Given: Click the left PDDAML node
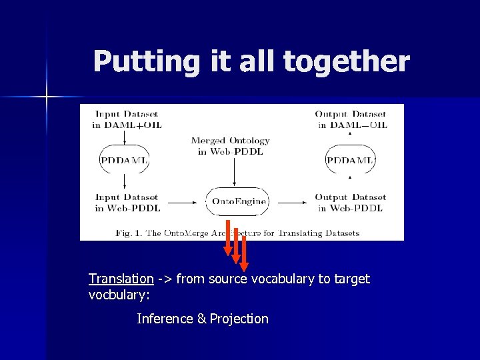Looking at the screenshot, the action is [x=125, y=161].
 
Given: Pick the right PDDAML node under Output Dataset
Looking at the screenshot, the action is [x=351, y=161].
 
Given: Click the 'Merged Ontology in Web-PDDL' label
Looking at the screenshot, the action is [x=230, y=146].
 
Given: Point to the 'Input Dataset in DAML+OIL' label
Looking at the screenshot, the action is [x=127, y=119].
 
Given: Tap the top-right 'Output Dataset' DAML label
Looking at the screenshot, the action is [x=351, y=119].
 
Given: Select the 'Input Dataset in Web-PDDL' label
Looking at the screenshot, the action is [x=127, y=203].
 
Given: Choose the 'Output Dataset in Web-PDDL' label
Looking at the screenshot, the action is [x=351, y=203].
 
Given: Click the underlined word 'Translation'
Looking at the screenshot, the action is [x=121, y=279].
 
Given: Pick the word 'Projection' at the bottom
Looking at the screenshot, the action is [x=239, y=319].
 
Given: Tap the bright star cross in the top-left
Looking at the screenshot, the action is [x=47, y=97].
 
